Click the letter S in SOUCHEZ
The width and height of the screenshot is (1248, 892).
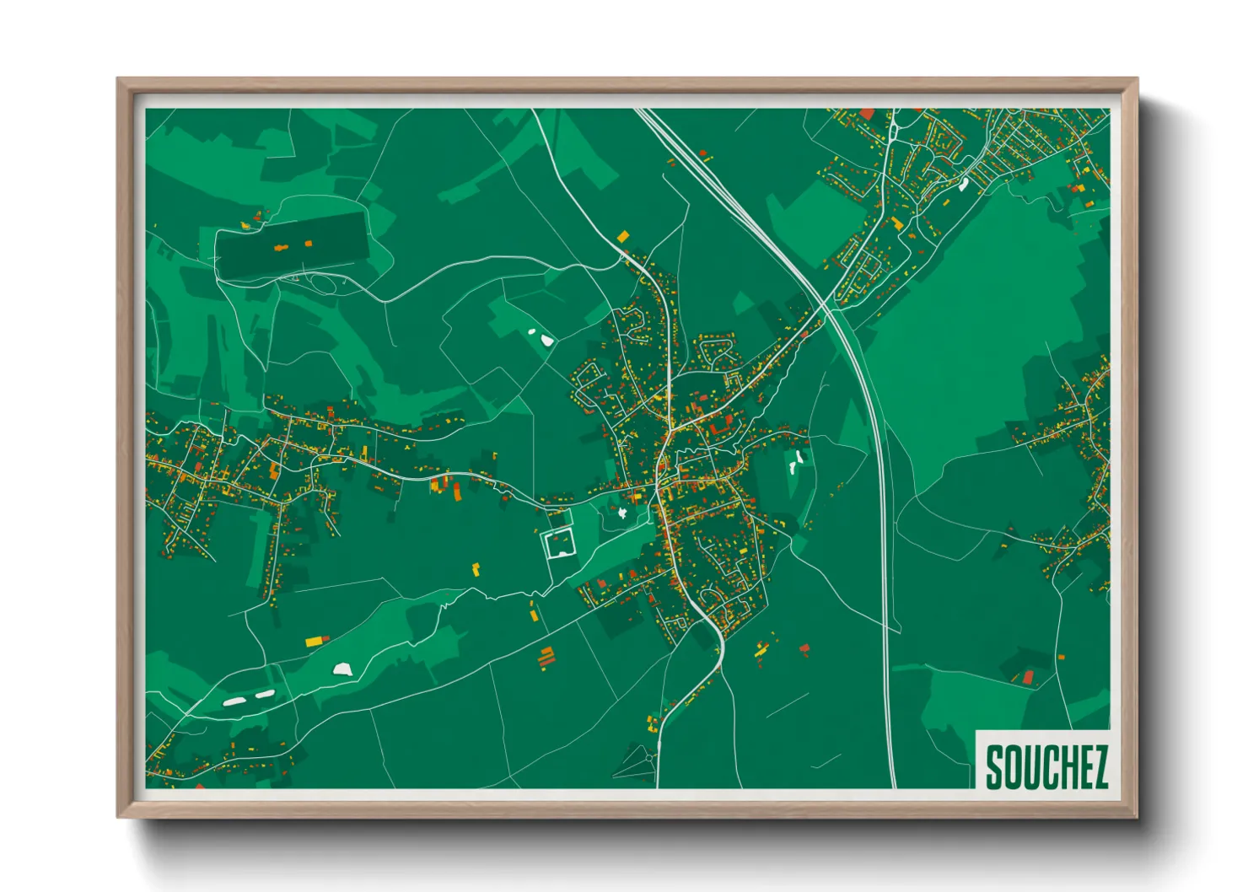coord(994,767)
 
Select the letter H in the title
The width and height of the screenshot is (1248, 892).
coord(1065,767)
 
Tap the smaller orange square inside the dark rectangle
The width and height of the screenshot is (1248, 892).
coord(308,244)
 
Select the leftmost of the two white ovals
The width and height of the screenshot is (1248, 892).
coord(233,701)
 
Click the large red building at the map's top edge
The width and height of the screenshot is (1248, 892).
coord(867,114)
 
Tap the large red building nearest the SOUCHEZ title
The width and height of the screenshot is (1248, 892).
coord(1028,677)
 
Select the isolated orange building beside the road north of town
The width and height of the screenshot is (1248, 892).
coord(623,237)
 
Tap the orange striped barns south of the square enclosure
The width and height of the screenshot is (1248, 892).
coord(546,657)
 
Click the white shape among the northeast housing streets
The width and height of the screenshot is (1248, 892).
coord(963,185)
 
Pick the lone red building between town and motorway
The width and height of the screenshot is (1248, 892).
coord(804,648)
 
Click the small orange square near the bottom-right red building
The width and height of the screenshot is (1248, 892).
coord(1060,657)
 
